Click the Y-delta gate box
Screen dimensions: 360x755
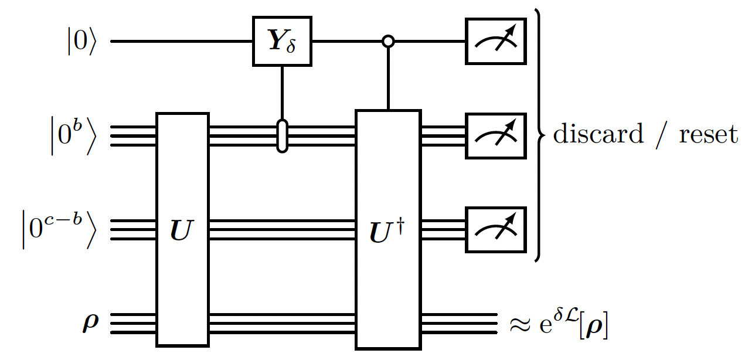282,42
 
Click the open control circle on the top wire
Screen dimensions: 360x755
387,42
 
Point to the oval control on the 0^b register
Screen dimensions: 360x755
282,135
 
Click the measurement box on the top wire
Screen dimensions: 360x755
494,42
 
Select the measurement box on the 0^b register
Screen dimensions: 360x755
494,135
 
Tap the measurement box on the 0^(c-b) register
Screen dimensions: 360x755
494,229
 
